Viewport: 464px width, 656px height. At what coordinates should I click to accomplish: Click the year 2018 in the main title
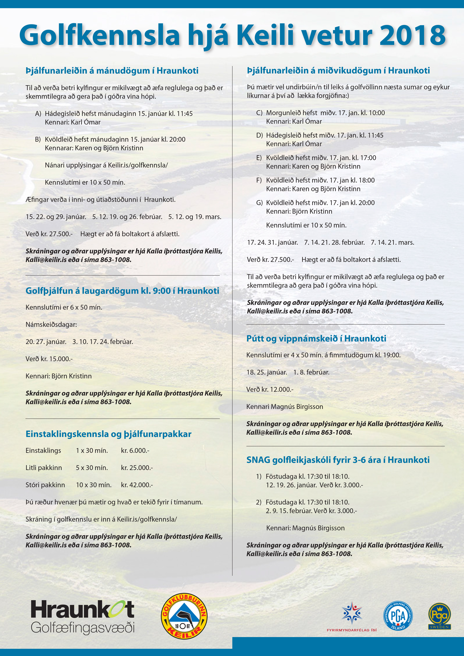coord(412,35)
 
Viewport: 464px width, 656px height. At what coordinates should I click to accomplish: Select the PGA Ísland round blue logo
coord(398,616)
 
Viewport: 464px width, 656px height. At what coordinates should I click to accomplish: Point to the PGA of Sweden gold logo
coord(439,616)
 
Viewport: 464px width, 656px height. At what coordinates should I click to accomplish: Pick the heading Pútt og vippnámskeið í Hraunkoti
coord(316,339)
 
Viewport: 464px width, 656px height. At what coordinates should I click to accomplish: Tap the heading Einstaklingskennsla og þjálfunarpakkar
coord(108,434)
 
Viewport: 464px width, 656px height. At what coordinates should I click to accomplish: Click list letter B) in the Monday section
coord(38,139)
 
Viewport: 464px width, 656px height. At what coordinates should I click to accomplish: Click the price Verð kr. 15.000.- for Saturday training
coord(49,359)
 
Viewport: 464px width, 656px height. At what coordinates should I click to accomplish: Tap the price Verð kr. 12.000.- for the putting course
coord(270,389)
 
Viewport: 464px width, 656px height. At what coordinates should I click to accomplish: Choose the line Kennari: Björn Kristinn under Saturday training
coord(59,376)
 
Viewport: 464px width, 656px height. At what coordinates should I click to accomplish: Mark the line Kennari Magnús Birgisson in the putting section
coord(285,407)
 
